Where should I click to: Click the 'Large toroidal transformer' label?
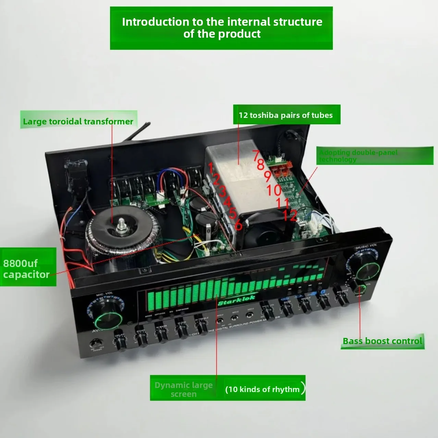(x=78, y=121)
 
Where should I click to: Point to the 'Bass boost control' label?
(x=382, y=341)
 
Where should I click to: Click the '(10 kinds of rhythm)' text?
(x=263, y=389)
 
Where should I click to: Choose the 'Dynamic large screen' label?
(x=184, y=389)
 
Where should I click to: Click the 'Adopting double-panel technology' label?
(x=358, y=156)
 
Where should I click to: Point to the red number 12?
(x=290, y=216)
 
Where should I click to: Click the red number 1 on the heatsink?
(x=210, y=168)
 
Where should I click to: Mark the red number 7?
(x=256, y=155)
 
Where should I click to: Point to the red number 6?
(x=239, y=225)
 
